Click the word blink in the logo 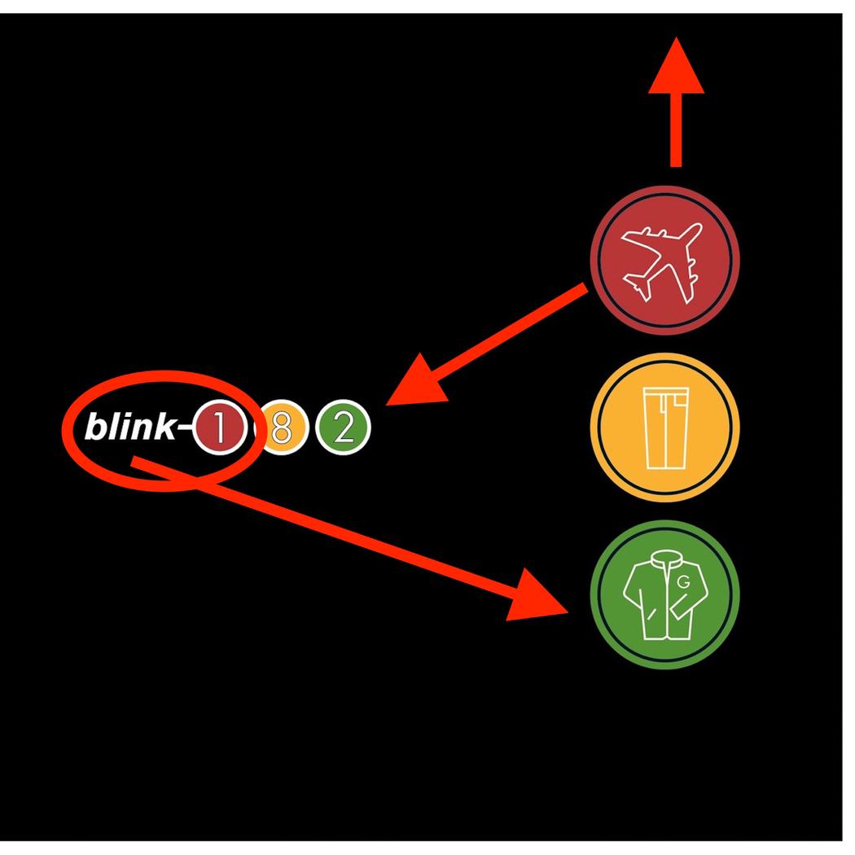(129, 426)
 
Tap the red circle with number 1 (217, 428)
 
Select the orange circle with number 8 (281, 428)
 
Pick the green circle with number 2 (343, 428)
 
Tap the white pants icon (665, 428)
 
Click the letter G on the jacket (682, 582)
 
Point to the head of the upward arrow (676, 69)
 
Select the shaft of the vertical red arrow (675, 130)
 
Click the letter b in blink (94, 426)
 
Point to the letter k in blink (162, 426)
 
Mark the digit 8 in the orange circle (281, 428)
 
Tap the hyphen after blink (183, 426)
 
